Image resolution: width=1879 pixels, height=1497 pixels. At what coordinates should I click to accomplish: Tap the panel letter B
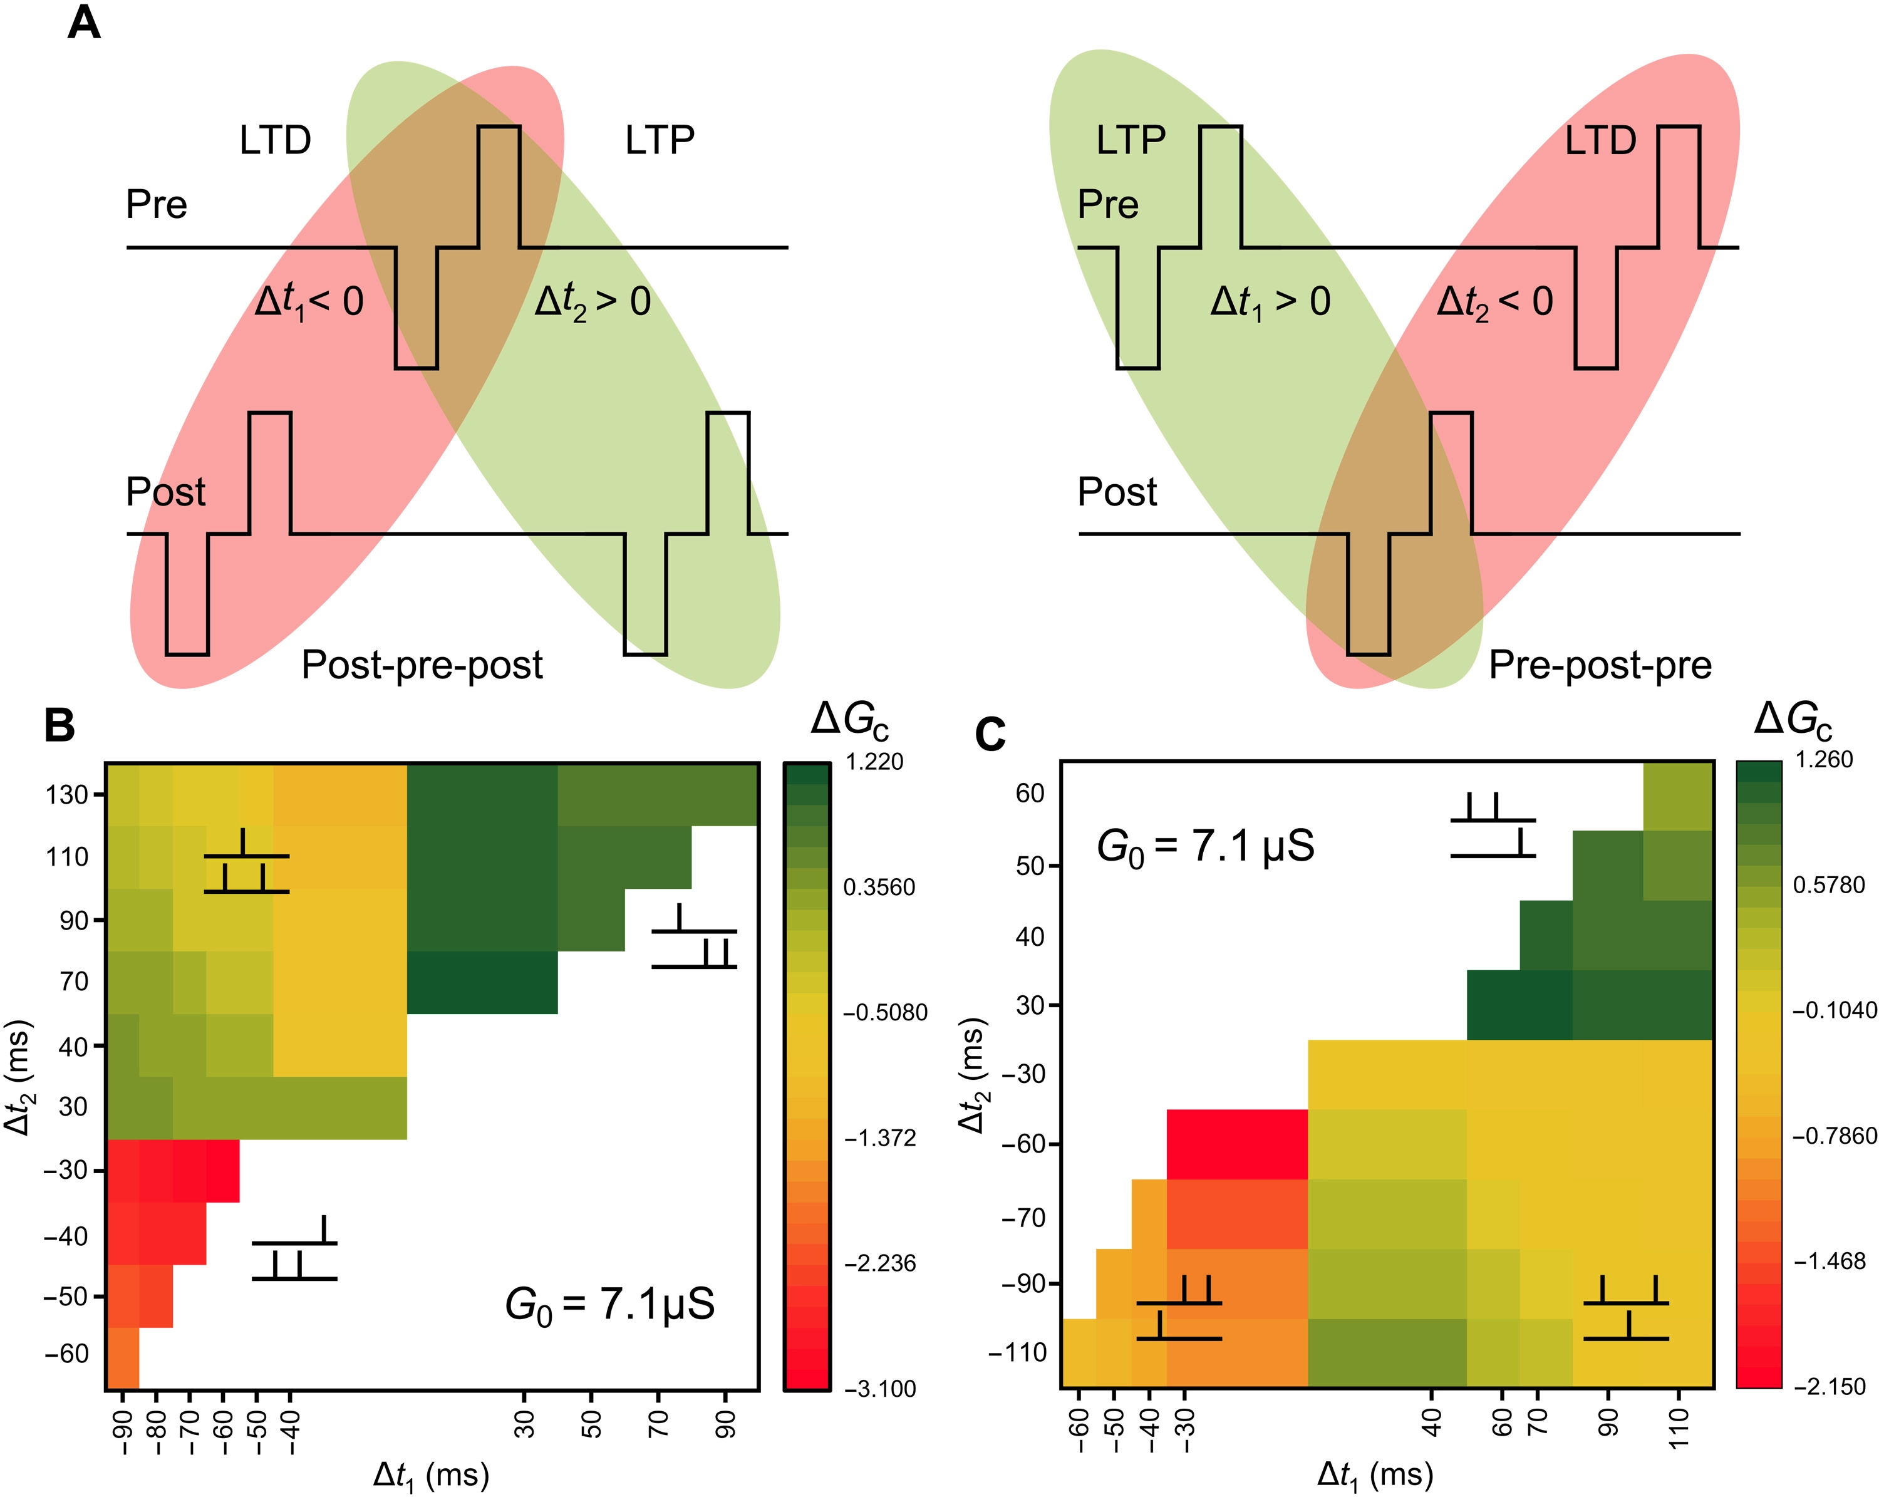[x=60, y=726]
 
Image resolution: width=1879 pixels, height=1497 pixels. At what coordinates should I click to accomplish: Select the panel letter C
[x=990, y=735]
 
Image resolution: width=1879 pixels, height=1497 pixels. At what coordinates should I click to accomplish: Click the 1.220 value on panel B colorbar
[x=874, y=762]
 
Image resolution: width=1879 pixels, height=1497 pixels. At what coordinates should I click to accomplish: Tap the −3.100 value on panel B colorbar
[x=879, y=1389]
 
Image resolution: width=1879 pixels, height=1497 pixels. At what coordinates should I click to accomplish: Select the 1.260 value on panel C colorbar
[x=1824, y=760]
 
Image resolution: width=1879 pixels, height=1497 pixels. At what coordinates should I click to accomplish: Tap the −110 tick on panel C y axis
[x=1017, y=1352]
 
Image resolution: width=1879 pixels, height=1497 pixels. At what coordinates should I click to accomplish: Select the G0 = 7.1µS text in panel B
[x=609, y=1305]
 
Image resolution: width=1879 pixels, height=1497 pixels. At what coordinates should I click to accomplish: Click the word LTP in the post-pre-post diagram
[x=660, y=140]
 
